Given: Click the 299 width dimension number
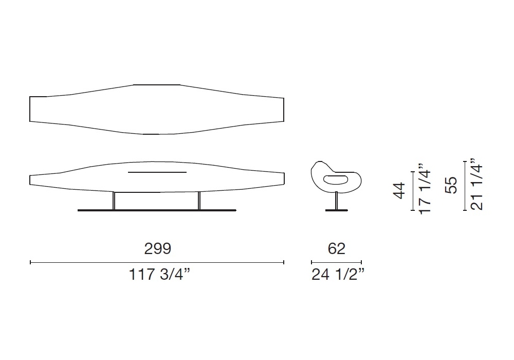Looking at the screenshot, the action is [158, 249].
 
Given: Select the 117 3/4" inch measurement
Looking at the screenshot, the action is [160, 274].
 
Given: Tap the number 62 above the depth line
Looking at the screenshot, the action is [336, 249].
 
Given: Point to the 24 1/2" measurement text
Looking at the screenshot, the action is [338, 274].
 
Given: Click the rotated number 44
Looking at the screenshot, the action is [399, 191].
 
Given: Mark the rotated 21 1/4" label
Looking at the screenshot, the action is [476, 184].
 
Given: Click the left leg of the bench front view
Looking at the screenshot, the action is [114, 201].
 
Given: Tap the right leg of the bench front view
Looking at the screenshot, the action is [199, 201].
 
